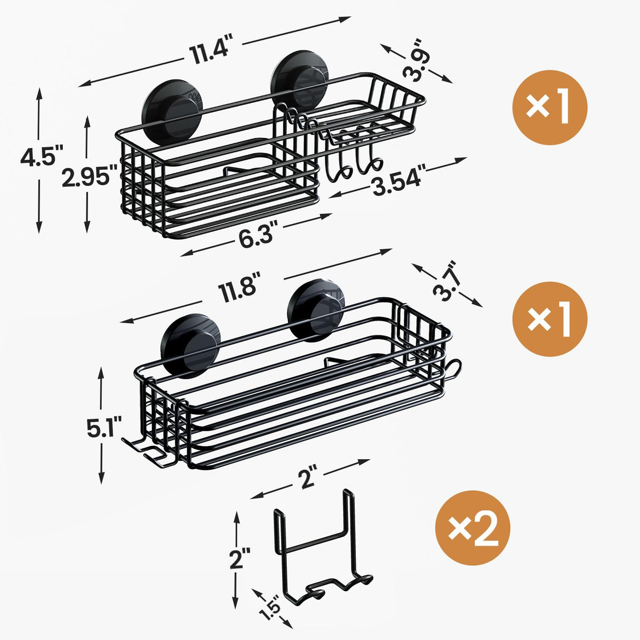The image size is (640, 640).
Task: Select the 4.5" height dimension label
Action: tap(40, 157)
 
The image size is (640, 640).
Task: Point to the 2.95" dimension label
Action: tap(86, 177)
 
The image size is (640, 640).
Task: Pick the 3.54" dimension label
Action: tap(398, 182)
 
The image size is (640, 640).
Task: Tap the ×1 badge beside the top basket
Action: tap(549, 108)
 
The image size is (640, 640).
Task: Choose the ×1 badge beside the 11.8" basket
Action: tap(549, 319)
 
